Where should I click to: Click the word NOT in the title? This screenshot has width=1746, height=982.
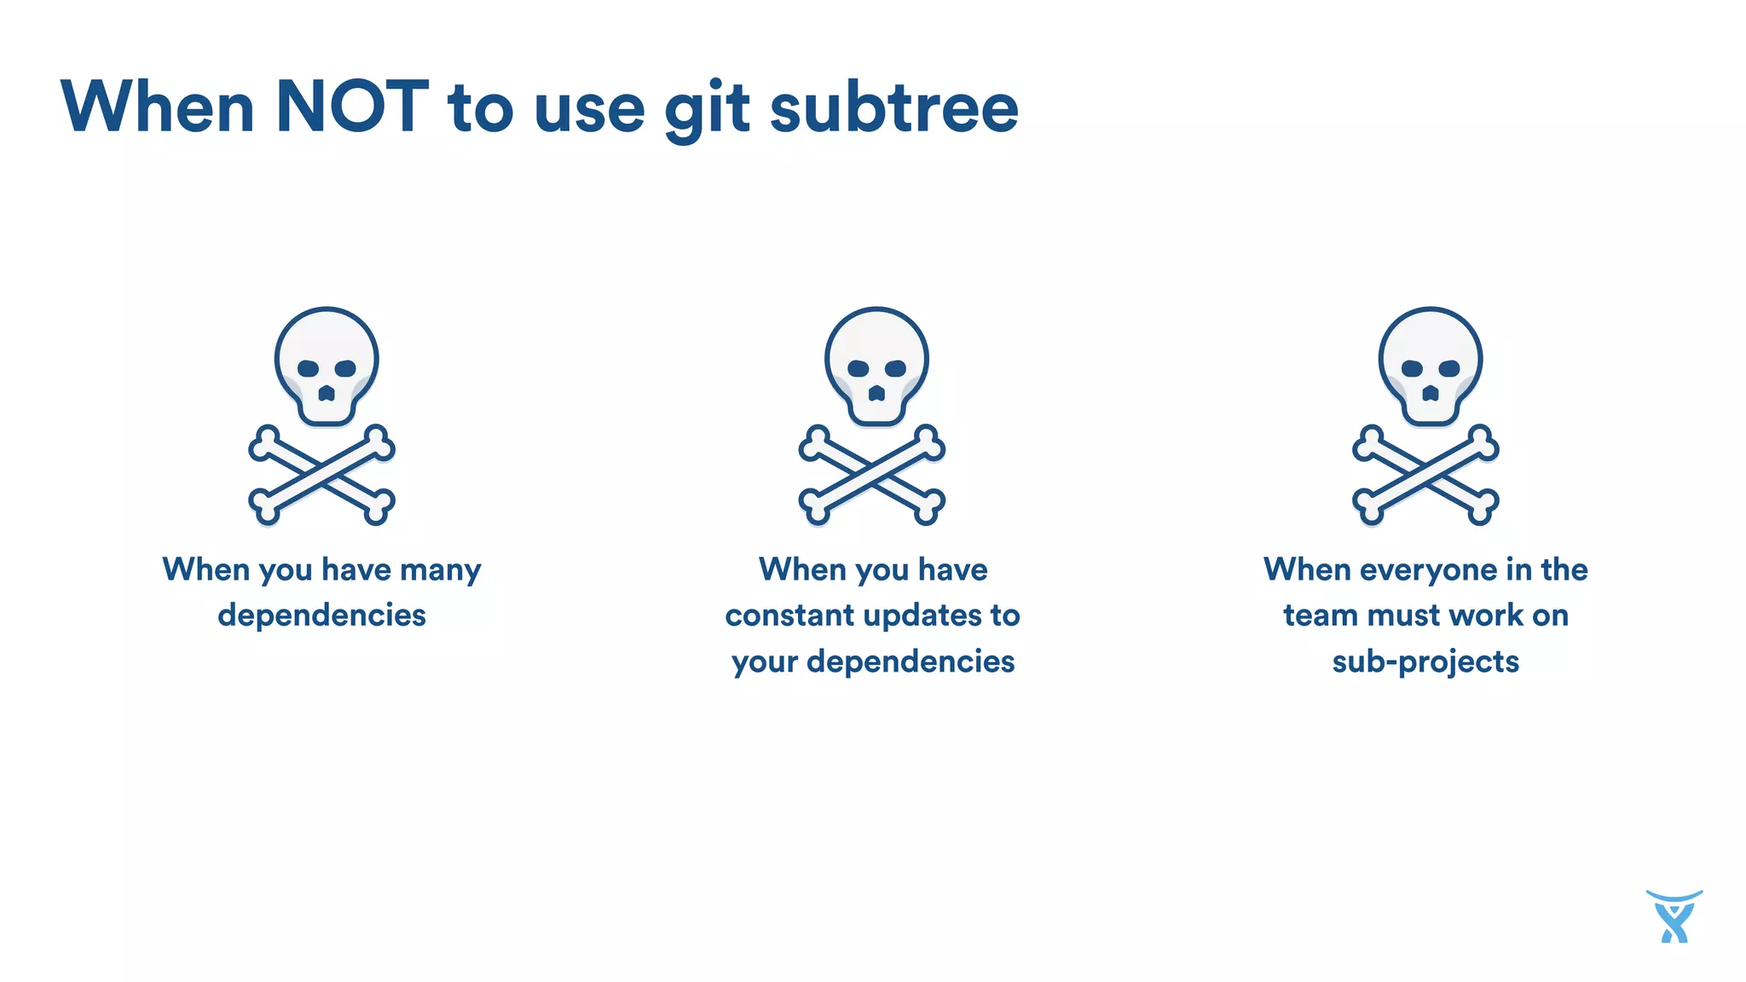(x=351, y=107)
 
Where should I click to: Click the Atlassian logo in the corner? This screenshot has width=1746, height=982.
(x=1674, y=917)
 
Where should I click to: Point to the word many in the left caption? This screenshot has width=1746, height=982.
(x=440, y=570)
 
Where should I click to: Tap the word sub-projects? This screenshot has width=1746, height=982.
(x=1425, y=661)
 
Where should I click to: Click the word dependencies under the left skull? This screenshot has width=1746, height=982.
(x=321, y=615)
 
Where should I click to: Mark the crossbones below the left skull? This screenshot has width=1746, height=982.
(x=321, y=475)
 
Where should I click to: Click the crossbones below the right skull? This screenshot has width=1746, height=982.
(x=1425, y=475)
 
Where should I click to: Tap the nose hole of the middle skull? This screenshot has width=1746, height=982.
(x=876, y=394)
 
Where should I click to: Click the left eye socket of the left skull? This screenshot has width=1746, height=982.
(x=308, y=368)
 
